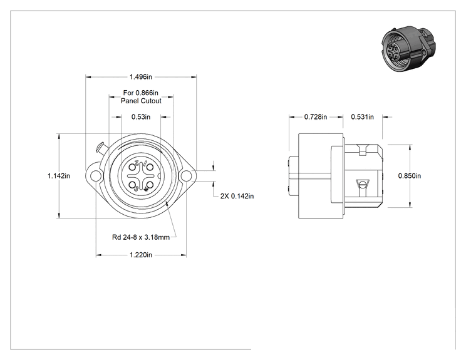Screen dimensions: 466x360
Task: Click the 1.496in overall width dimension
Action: [140, 77]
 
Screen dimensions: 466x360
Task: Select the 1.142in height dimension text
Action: [59, 176]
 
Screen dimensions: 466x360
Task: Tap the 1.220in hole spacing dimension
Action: [140, 255]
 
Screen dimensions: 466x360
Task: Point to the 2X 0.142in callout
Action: [237, 196]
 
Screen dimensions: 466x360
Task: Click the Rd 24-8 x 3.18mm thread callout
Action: [141, 237]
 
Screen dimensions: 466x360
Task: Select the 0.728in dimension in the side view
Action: [316, 117]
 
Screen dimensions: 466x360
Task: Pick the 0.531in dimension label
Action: [362, 117]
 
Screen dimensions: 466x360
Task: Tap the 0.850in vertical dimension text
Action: [410, 176]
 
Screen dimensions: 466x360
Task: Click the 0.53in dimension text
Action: [141, 117]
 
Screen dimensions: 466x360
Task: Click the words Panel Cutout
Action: [141, 101]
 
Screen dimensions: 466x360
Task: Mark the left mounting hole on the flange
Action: [95, 176]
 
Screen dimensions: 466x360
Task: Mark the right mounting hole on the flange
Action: [186, 176]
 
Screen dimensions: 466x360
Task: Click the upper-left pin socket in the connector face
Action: [132, 167]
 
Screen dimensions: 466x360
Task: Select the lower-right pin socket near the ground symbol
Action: [150, 185]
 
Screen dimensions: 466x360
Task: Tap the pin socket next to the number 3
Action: [132, 185]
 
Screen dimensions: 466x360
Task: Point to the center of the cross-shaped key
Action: [141, 176]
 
